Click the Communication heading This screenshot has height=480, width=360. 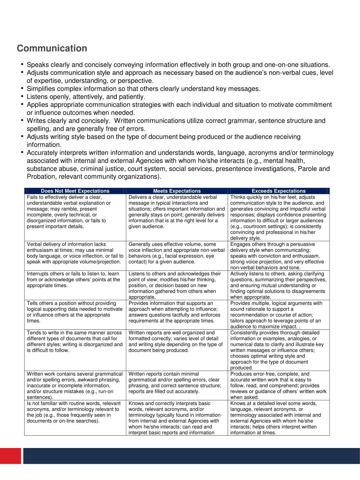(x=52, y=48)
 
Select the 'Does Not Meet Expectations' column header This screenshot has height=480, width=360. (x=75, y=191)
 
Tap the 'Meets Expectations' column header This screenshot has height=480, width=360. (x=177, y=191)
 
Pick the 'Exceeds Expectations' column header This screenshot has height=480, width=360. (x=278, y=191)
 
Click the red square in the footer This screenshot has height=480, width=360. (x=11, y=456)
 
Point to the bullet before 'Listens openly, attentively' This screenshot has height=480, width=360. (x=22, y=96)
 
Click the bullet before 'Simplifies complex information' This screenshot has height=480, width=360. (x=22, y=88)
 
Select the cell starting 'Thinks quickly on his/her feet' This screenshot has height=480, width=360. (x=278, y=217)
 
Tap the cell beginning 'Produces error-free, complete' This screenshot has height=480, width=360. (x=278, y=385)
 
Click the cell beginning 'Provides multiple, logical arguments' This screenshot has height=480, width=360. (x=278, y=315)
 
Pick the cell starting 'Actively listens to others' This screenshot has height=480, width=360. (x=278, y=285)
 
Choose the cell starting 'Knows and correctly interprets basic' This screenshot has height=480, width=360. (x=177, y=418)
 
